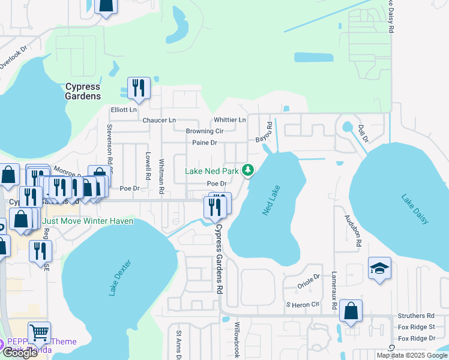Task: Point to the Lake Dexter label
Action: [119, 278]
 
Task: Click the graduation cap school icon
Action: [379, 268]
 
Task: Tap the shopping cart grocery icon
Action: [39, 331]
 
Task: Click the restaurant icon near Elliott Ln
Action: [139, 88]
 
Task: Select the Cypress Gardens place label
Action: [83, 91]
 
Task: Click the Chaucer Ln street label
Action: [159, 120]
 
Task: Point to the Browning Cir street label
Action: [204, 131]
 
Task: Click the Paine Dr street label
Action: [204, 143]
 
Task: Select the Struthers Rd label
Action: [415, 316]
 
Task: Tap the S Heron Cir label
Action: [302, 305]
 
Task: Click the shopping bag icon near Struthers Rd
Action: [351, 311]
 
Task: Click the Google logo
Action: [20, 353]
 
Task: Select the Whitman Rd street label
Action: [161, 176]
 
